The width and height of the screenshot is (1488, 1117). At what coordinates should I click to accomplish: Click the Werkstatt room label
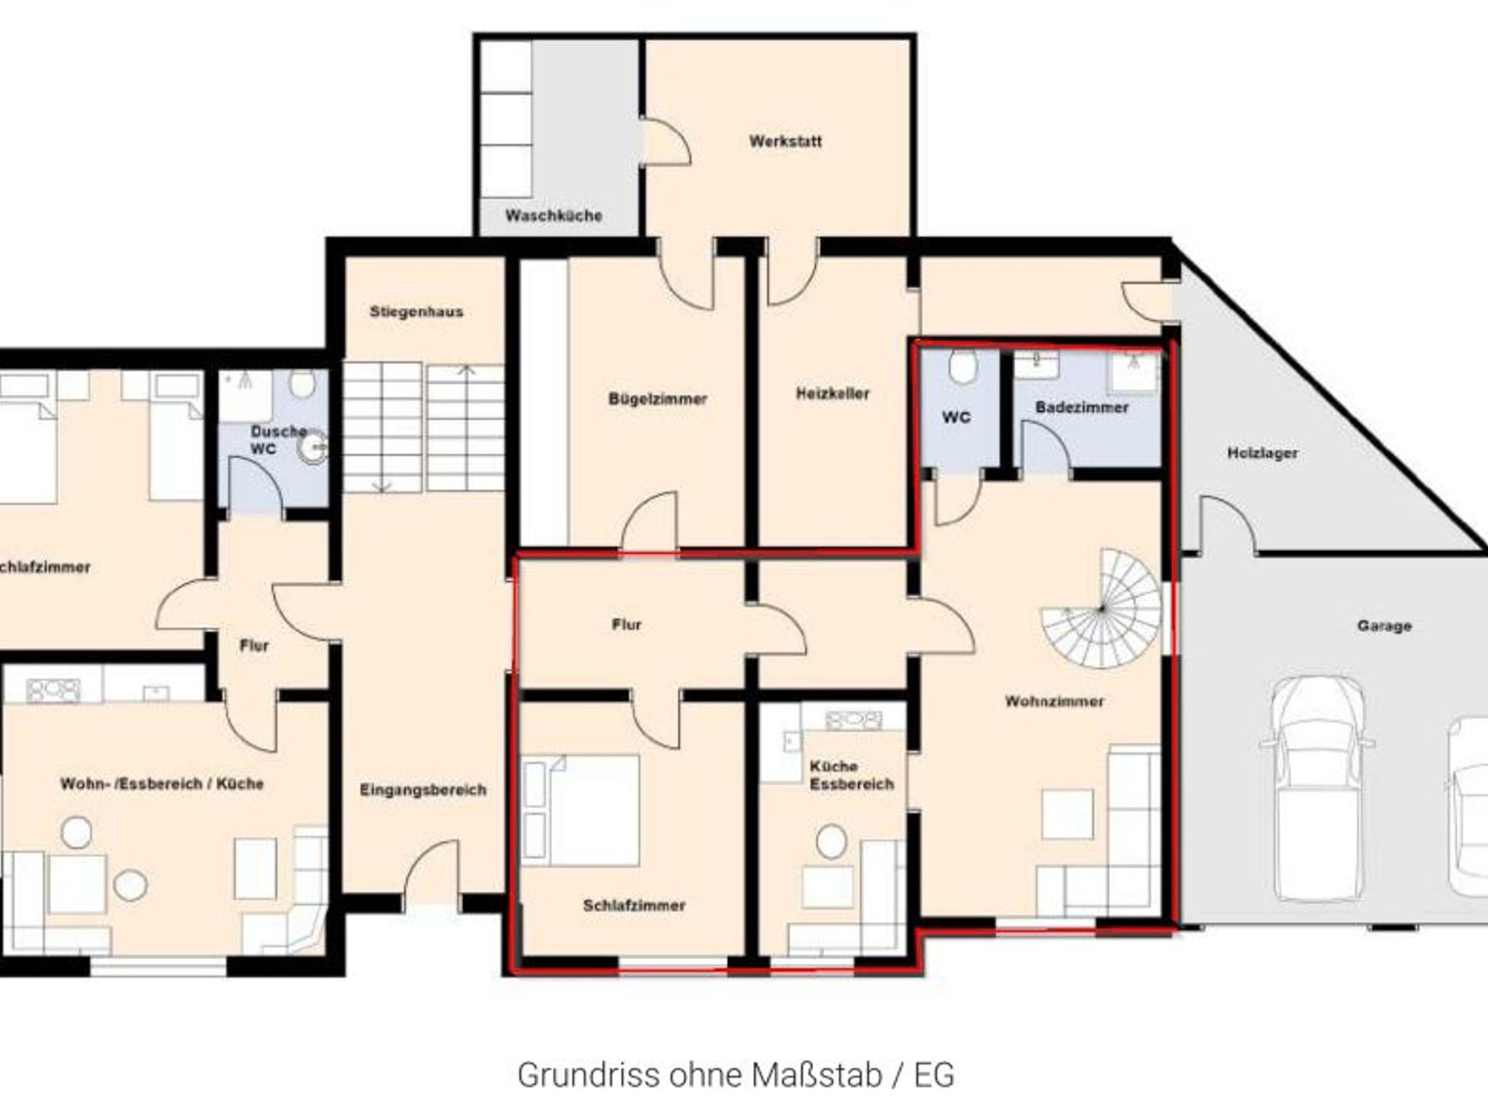(785, 141)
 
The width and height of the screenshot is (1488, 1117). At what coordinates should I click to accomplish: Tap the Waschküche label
(554, 216)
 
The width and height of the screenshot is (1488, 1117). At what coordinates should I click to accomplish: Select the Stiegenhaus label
(416, 312)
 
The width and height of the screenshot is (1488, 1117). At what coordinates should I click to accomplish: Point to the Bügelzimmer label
(658, 399)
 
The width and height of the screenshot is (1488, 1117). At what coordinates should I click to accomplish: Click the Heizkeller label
(833, 394)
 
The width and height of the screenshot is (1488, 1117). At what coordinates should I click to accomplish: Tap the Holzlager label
(1263, 453)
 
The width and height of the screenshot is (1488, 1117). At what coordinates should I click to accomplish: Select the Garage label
(1384, 625)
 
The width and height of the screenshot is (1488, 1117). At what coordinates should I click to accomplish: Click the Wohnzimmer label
(1054, 701)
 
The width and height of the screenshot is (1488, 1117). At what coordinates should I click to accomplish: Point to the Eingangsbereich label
(423, 789)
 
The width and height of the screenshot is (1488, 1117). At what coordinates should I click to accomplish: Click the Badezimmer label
(1082, 407)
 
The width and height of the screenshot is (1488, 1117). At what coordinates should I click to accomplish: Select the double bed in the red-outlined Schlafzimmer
(581, 811)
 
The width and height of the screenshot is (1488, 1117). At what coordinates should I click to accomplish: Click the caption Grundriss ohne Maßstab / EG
(735, 1076)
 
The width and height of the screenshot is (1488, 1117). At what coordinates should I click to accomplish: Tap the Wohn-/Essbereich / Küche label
(162, 784)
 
